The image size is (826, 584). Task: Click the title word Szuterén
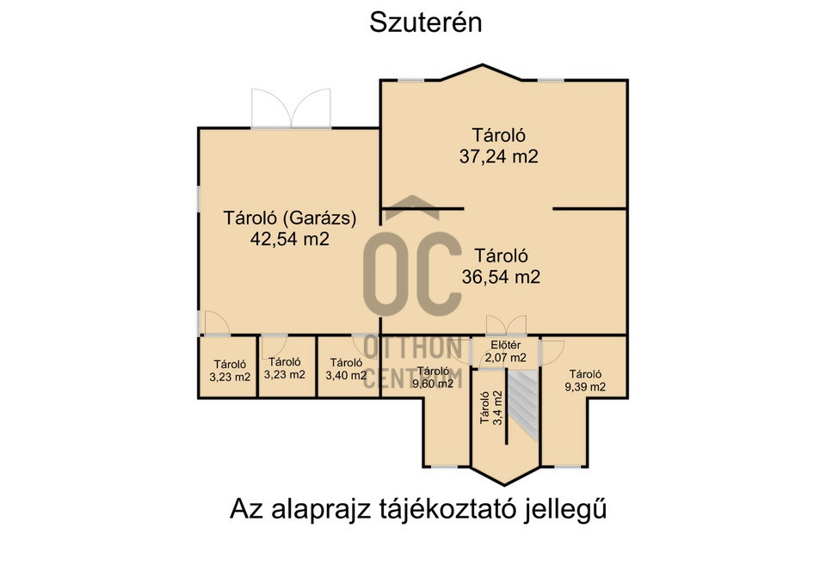425,23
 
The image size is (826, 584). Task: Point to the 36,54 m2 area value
501,277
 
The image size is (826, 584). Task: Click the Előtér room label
505,346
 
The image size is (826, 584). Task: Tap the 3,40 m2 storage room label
346,375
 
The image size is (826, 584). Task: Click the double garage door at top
291,108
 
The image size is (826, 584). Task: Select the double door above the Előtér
505,327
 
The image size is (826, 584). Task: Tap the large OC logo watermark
411,272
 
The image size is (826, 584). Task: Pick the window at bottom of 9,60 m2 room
446,466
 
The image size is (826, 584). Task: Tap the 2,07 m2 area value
505,357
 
